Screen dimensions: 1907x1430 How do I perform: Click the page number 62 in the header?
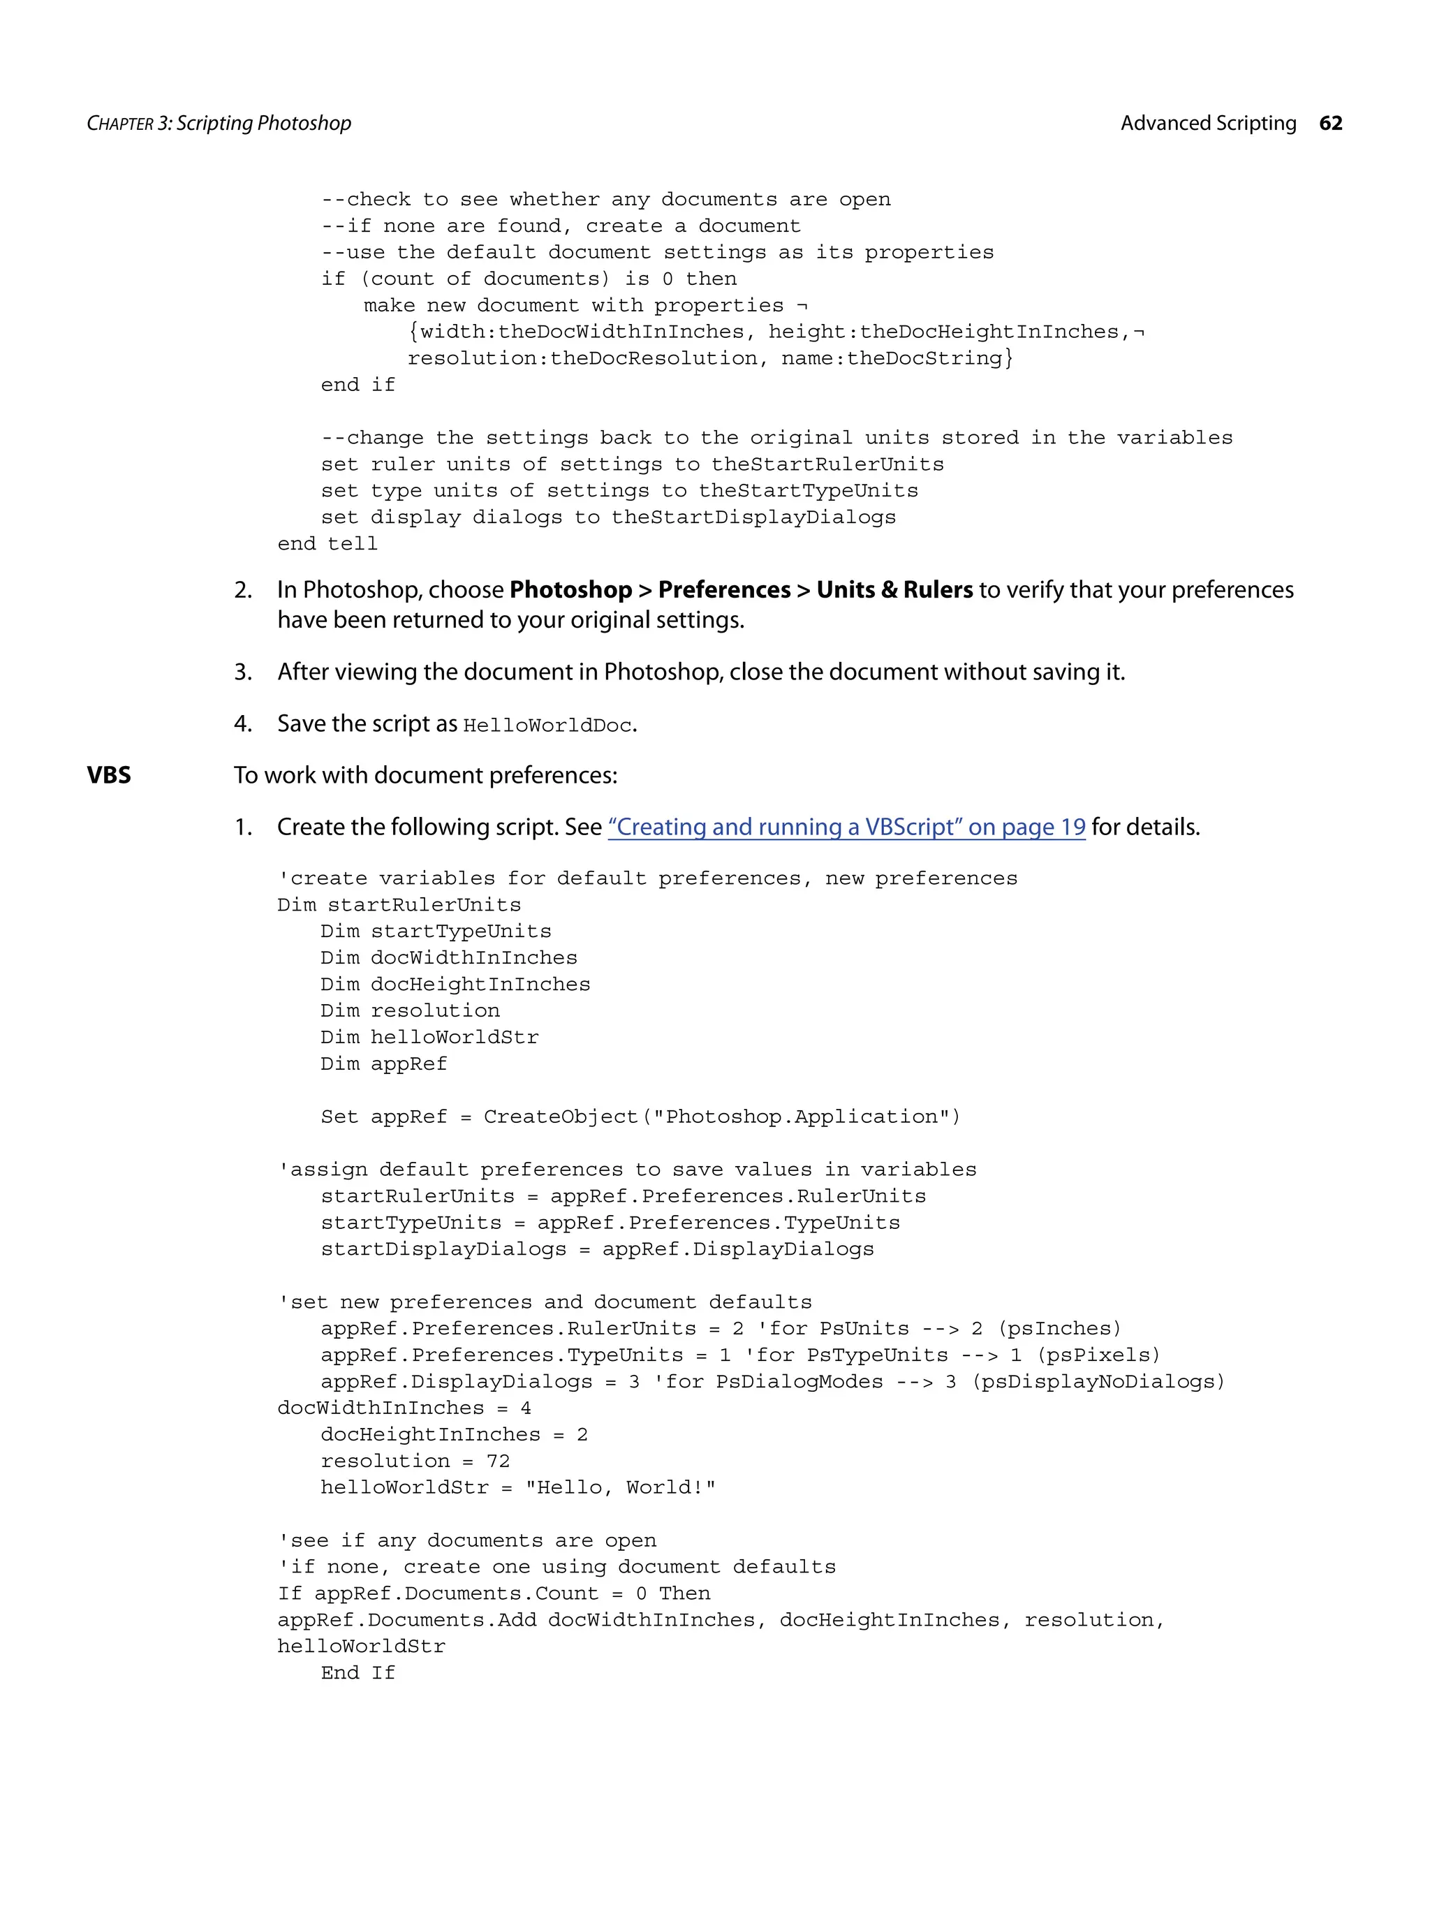click(x=1330, y=124)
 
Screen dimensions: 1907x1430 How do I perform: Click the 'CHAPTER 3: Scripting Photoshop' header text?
click(x=219, y=124)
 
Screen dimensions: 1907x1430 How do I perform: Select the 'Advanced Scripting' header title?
click(x=1208, y=124)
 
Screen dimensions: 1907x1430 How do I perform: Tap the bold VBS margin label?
click(x=109, y=775)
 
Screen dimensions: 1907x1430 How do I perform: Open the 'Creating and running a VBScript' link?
click(x=846, y=827)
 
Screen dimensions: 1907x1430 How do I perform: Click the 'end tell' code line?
click(x=327, y=544)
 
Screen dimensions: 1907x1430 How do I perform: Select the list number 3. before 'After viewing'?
click(x=243, y=672)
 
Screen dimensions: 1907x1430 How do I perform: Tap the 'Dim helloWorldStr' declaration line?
click(x=429, y=1037)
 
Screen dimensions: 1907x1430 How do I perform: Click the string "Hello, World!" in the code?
click(x=621, y=1488)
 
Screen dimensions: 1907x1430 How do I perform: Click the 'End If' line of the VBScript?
click(x=357, y=1673)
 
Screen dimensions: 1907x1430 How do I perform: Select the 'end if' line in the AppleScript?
click(x=357, y=385)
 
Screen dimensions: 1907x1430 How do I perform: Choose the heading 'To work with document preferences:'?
click(x=426, y=775)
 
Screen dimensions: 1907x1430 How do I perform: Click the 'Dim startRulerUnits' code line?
click(x=399, y=905)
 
